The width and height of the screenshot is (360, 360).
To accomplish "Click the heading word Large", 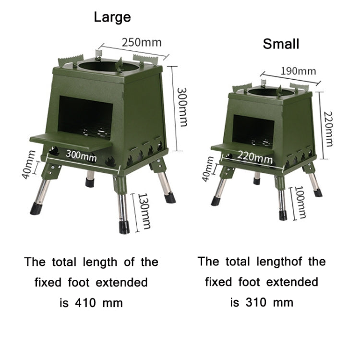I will (x=112, y=17).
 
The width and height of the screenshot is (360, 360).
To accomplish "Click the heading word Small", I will (x=281, y=44).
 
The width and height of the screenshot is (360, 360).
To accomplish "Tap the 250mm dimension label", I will (x=141, y=42).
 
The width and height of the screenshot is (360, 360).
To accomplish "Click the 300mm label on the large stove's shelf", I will (x=81, y=155).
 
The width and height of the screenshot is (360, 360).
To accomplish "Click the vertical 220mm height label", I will (x=328, y=129).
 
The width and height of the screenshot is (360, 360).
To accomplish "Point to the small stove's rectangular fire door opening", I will (x=253, y=128).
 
